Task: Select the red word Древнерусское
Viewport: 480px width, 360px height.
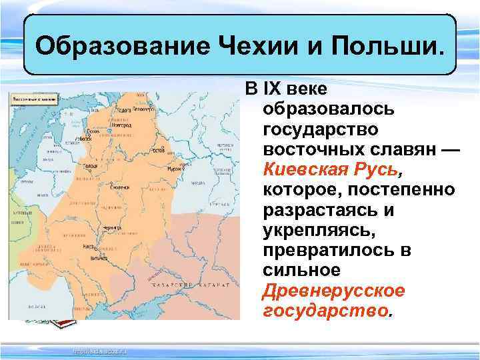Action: (333, 291)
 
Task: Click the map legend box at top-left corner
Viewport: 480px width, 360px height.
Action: (33, 99)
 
